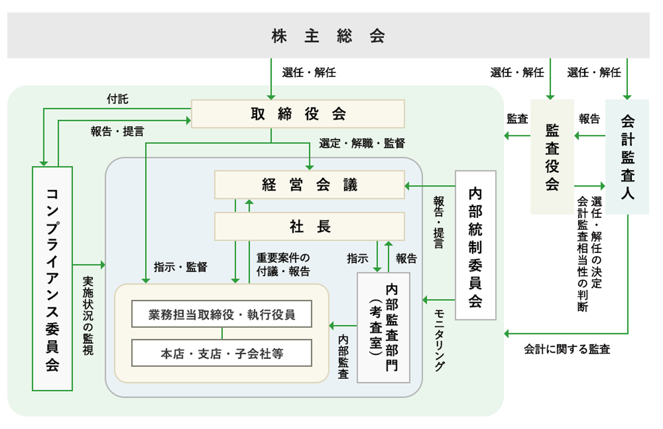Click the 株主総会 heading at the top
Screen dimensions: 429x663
coord(328,36)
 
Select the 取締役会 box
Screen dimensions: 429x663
coord(298,114)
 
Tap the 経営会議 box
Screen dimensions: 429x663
coord(309,185)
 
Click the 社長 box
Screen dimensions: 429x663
coord(309,226)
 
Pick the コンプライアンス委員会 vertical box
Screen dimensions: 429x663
coord(52,278)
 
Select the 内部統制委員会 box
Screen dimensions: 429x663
coord(475,245)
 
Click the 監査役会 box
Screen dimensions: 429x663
coord(552,157)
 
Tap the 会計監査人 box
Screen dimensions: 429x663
coord(627,157)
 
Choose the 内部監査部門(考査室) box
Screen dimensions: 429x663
coord(384,327)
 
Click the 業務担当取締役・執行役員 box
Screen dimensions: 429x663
coord(222,315)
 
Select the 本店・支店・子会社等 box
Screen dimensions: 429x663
coord(222,354)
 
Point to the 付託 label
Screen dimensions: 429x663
coord(117,100)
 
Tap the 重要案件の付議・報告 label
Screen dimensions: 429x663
coord(283,264)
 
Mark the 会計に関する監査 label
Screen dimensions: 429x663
coord(567,349)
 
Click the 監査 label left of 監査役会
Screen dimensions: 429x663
coord(517,119)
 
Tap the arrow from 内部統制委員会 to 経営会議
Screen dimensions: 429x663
coord(431,186)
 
